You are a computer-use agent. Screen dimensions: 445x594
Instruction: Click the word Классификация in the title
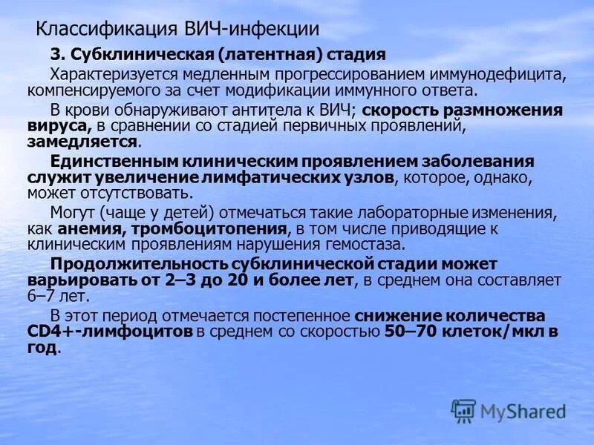point(105,30)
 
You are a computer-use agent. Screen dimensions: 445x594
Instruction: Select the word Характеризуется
point(110,74)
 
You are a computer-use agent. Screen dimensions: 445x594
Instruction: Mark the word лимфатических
point(259,177)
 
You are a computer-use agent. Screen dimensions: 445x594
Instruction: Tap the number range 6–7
point(39,296)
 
